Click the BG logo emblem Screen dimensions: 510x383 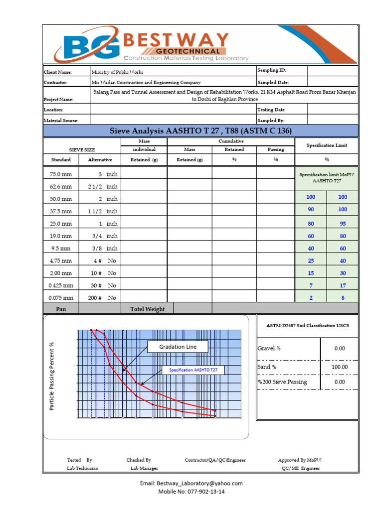[x=87, y=48]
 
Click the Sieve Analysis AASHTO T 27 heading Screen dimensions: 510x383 [x=200, y=131]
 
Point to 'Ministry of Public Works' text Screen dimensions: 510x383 [x=117, y=72]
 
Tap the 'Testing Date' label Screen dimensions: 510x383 [x=271, y=110]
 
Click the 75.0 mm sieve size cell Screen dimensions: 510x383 [x=61, y=175]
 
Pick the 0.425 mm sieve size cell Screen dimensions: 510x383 [x=61, y=286]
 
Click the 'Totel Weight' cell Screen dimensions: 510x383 [x=148, y=309]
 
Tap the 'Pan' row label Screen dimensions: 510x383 [x=61, y=309]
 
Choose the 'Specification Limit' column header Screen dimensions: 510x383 [x=327, y=145]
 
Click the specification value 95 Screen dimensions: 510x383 [x=342, y=224]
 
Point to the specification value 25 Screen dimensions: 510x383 [x=311, y=260]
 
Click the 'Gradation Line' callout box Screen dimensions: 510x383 [x=178, y=347]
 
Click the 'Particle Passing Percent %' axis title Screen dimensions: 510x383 [x=52, y=376]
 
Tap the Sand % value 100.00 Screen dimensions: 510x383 [x=340, y=367]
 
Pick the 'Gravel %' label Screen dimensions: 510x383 [x=269, y=349]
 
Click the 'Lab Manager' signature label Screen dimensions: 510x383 [x=144, y=468]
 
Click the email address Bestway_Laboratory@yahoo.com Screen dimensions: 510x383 [x=191, y=483]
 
